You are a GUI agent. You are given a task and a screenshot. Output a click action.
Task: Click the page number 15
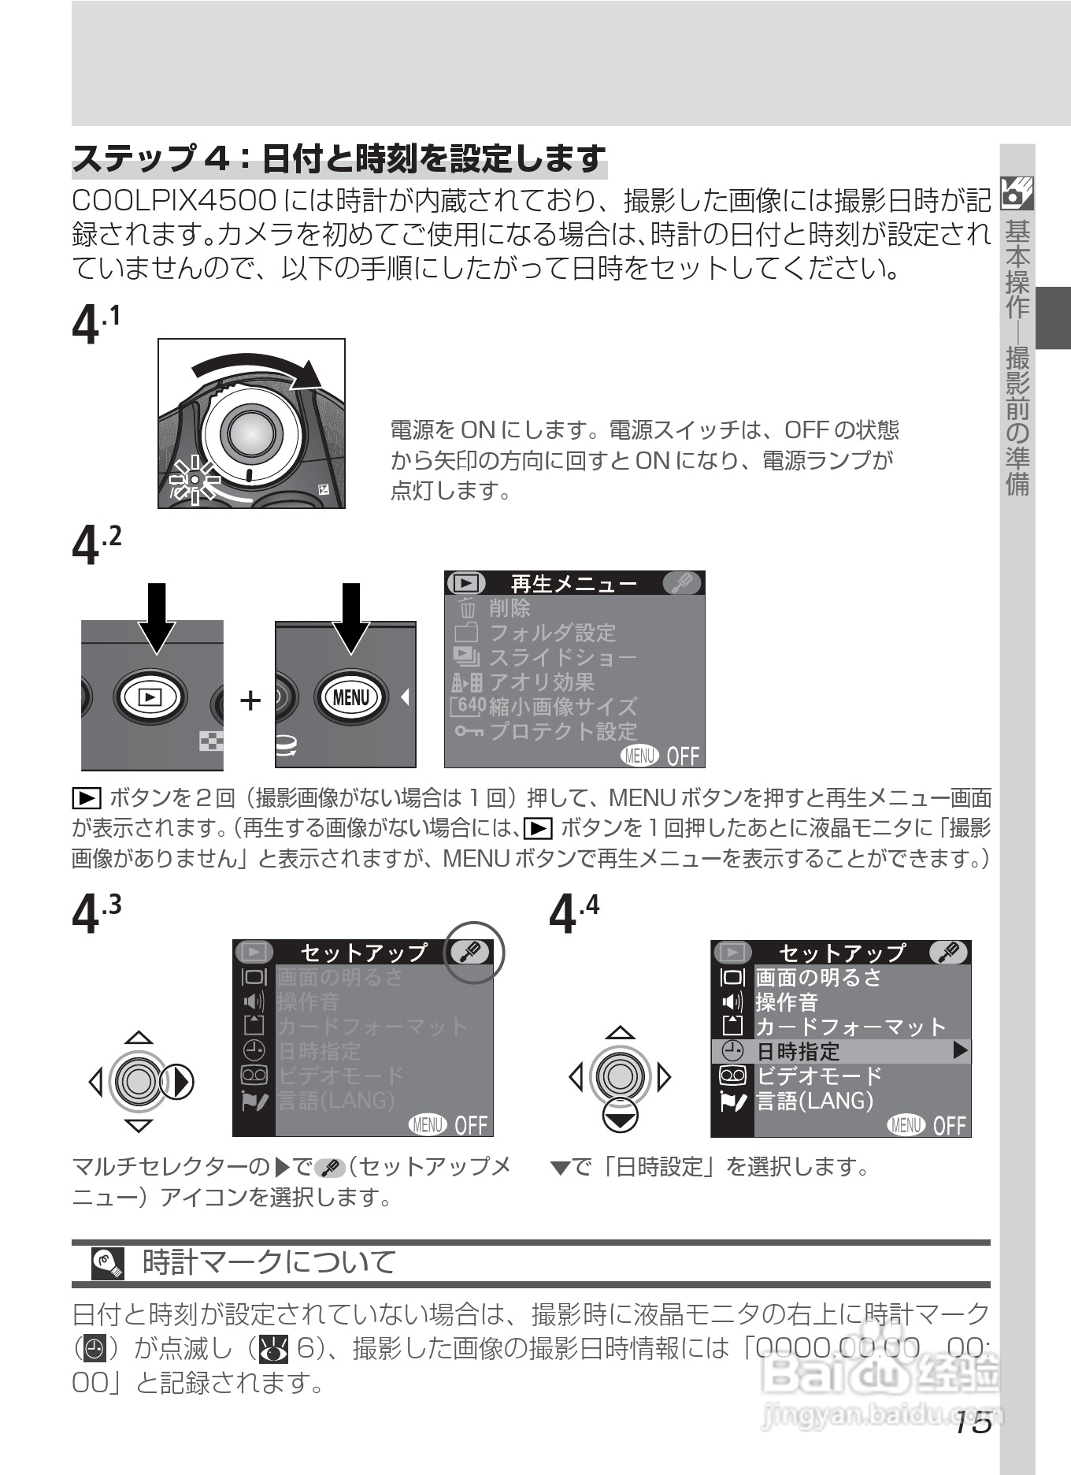[x=973, y=1423]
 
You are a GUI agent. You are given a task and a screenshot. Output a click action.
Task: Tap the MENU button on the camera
[x=350, y=697]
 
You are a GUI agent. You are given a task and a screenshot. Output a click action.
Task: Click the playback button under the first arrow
[x=150, y=697]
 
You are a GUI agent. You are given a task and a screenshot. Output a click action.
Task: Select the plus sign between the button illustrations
[x=250, y=700]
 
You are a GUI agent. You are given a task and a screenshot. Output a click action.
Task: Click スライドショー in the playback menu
[x=562, y=657]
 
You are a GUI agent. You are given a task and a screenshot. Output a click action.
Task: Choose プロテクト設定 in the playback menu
[x=562, y=731]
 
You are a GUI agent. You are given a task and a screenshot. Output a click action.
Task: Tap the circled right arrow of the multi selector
[x=177, y=1081]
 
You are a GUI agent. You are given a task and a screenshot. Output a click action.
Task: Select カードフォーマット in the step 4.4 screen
[x=850, y=1027]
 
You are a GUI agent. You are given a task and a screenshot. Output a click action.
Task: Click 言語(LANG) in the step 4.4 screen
[x=814, y=1101]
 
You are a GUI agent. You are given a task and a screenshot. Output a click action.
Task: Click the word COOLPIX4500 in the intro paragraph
[x=173, y=201]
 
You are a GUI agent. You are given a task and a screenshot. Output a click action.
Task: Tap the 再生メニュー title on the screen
[x=573, y=584]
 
